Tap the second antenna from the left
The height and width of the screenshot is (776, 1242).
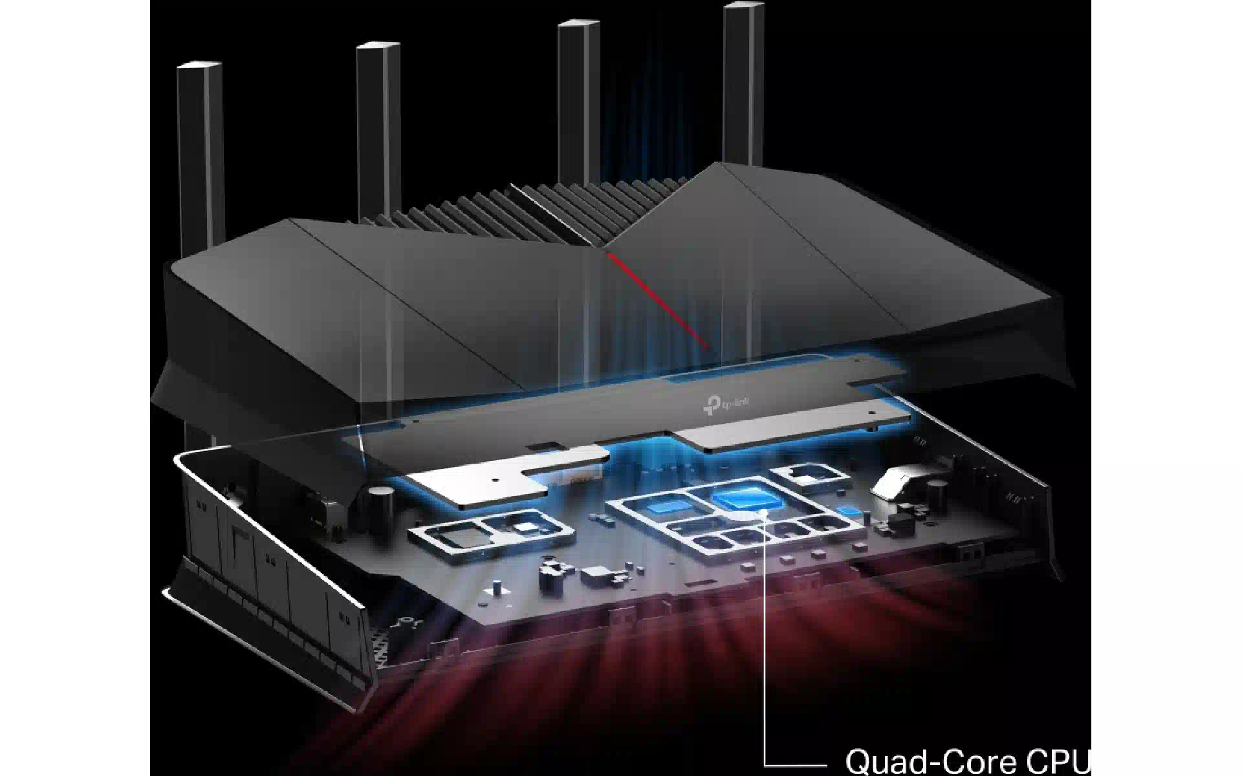pos(379,129)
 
